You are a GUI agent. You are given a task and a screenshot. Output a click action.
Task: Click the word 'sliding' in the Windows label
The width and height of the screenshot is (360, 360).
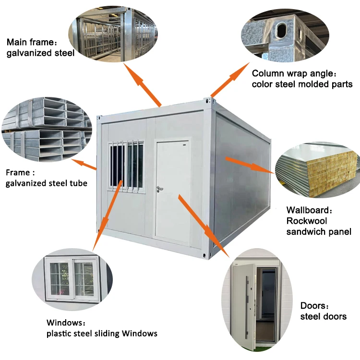click(x=102, y=333)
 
